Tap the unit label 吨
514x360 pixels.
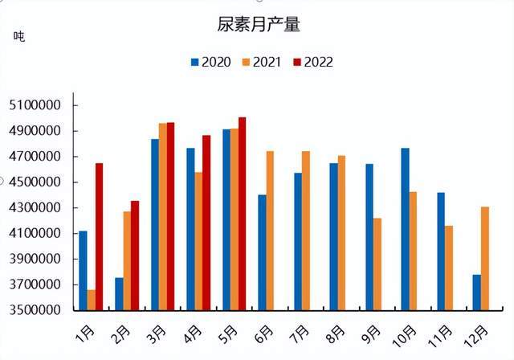point(19,36)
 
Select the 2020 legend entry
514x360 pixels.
point(210,62)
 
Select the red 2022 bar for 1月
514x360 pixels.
point(99,236)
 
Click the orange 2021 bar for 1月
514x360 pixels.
point(91,300)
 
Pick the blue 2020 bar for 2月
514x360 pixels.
point(119,293)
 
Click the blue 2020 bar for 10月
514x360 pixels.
point(405,229)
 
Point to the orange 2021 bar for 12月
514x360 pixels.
point(484,258)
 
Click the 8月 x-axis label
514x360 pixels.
point(337,331)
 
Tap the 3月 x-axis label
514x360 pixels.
point(158,331)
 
